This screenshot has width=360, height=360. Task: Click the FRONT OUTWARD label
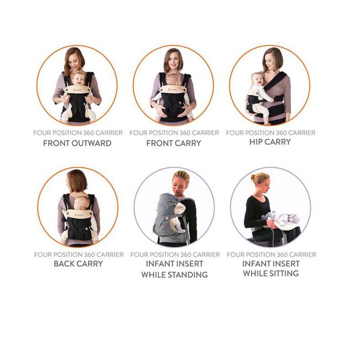pos(77,144)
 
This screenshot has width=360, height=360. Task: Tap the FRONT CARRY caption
pos(174,144)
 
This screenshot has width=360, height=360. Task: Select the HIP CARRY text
pos(270,142)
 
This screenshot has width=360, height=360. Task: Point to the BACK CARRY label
pos(78,264)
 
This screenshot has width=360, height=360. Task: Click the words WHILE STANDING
pos(174,274)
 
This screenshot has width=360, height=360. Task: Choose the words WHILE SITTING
pos(270,273)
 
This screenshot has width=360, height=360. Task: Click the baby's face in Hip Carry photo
pos(258,81)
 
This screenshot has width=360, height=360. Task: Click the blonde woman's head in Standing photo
pos(181,180)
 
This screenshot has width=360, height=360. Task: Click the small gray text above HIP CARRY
pos(270,133)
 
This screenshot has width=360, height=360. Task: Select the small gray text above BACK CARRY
pos(78,255)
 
